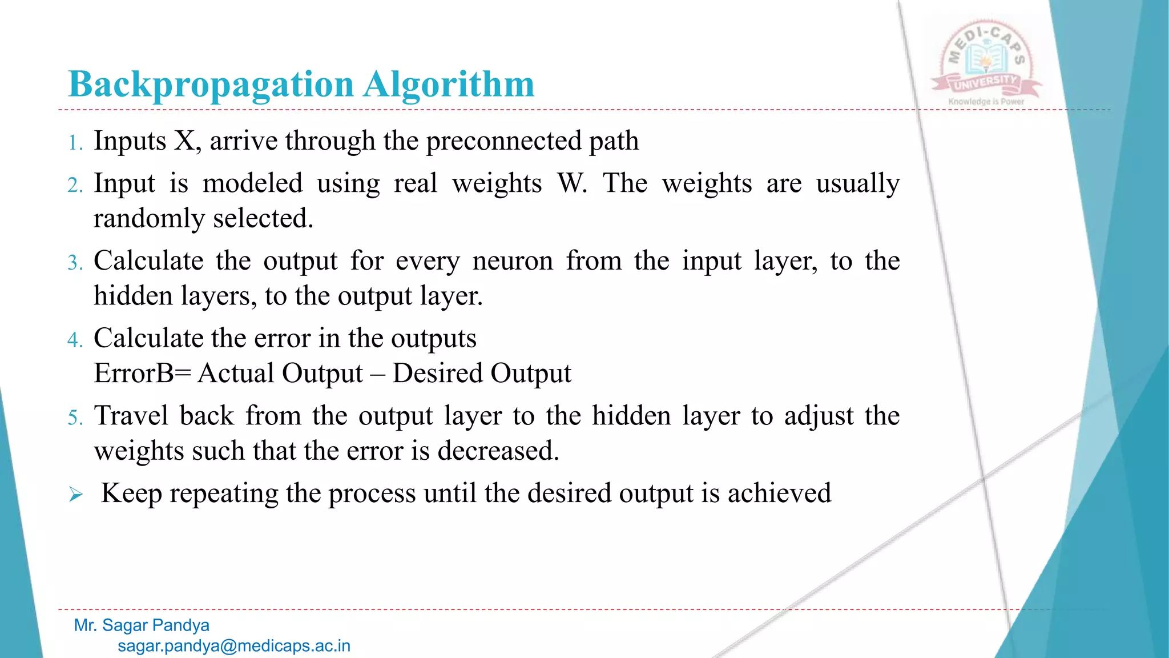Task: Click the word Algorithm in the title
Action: click(x=449, y=85)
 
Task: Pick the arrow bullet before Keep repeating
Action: click(x=76, y=494)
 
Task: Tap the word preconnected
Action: click(x=503, y=141)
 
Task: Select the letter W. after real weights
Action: click(x=572, y=183)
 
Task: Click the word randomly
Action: click(x=149, y=219)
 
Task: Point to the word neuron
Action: click(x=513, y=261)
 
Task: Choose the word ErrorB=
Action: click(x=142, y=374)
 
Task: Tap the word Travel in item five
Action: click(x=131, y=416)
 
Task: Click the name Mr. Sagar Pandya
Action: click(x=142, y=625)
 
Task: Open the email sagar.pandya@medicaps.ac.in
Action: click(x=234, y=646)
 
